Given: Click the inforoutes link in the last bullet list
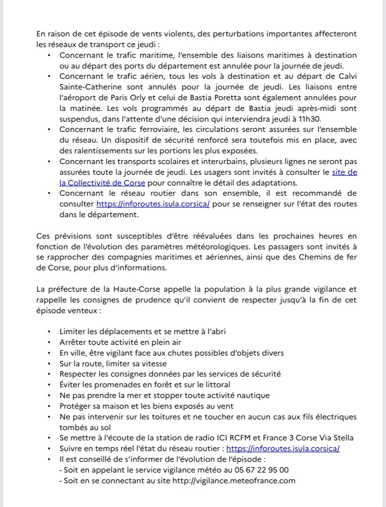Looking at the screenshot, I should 283,448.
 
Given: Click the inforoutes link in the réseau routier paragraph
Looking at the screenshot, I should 153,204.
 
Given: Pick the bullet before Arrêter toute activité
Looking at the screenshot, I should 50,343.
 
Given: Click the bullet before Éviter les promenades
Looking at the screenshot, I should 50,385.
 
